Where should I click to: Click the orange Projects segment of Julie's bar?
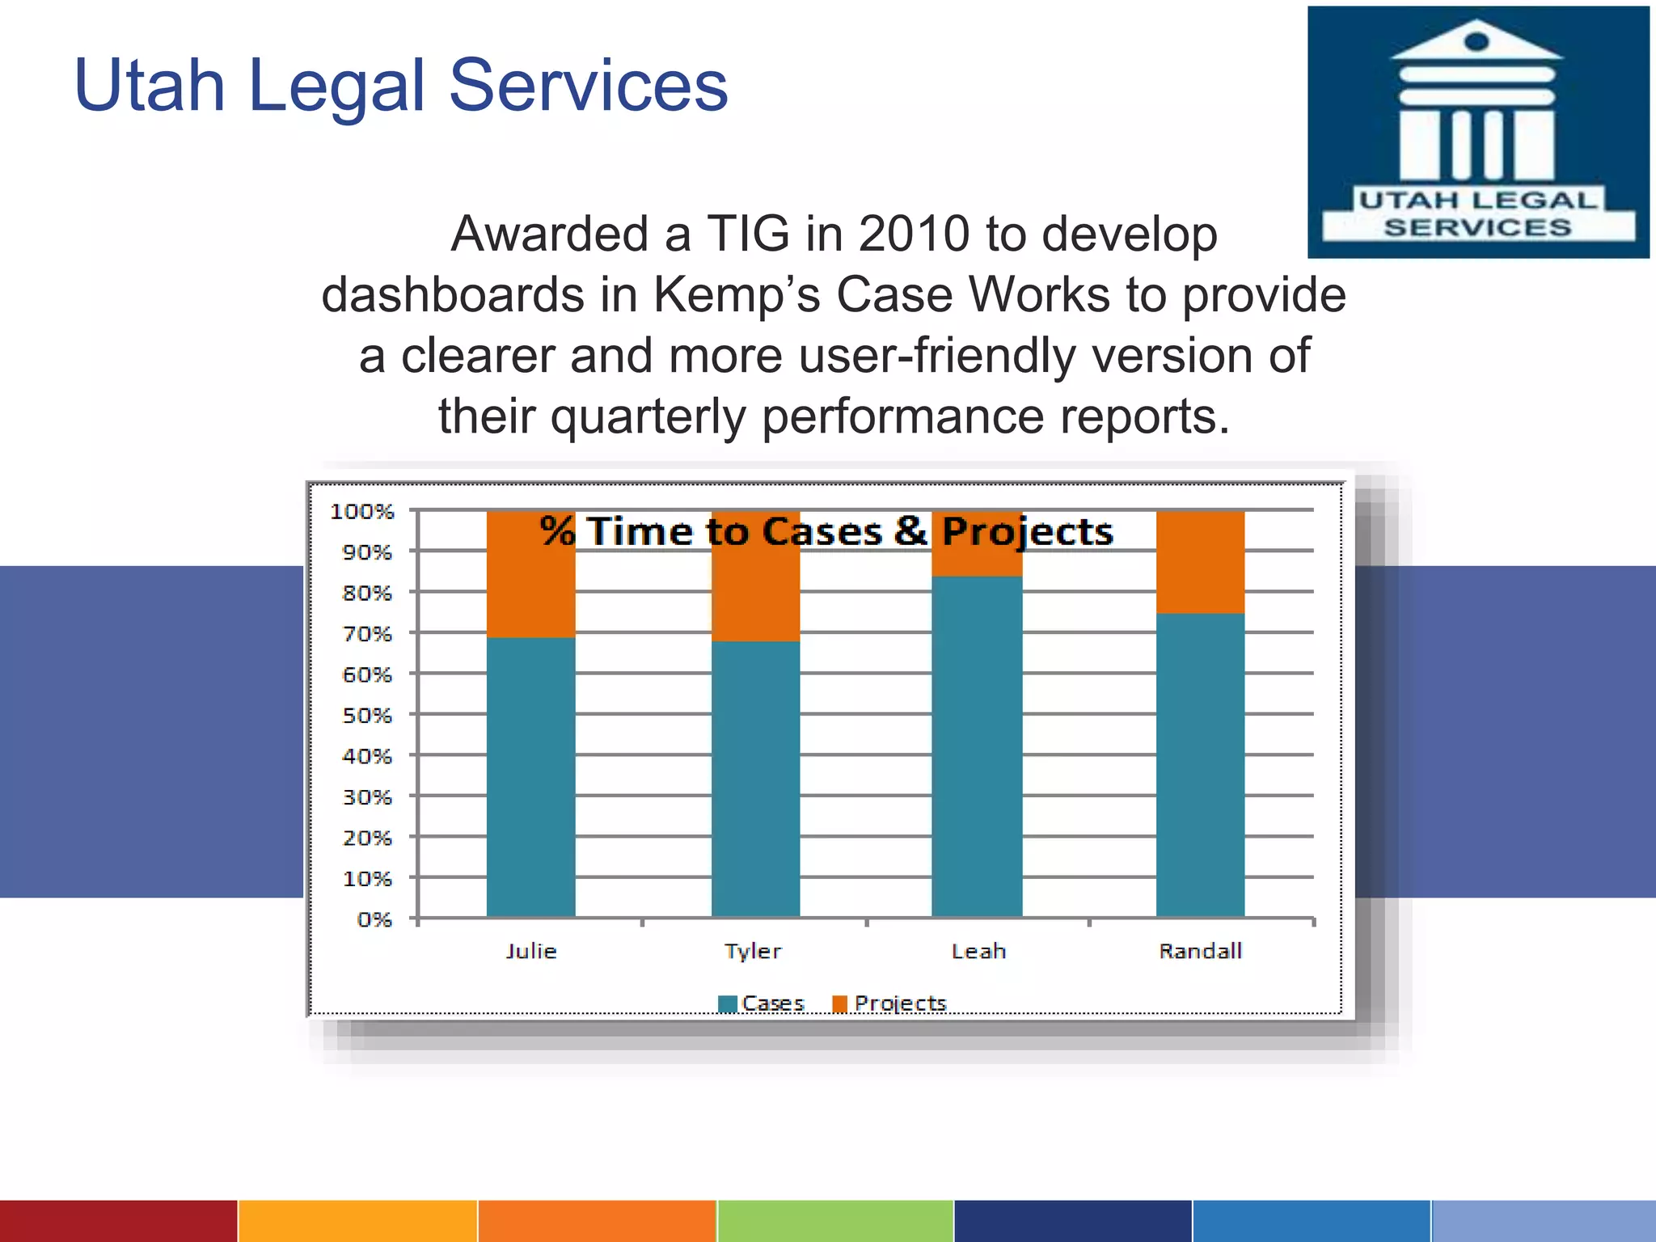[530, 582]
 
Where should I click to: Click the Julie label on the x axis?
[531, 951]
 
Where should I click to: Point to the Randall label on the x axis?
[1200, 951]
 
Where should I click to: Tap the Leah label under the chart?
[978, 951]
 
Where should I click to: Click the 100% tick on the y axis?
[362, 512]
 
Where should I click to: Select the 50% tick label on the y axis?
[367, 716]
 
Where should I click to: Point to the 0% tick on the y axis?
[374, 919]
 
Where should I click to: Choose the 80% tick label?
[367, 594]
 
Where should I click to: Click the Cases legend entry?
[762, 1003]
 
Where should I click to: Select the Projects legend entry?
[889, 1003]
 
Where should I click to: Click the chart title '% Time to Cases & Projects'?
[826, 532]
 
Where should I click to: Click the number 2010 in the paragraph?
[913, 234]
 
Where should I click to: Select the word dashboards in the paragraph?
[453, 295]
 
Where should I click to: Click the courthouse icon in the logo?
[1476, 101]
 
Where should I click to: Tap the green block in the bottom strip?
[835, 1221]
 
